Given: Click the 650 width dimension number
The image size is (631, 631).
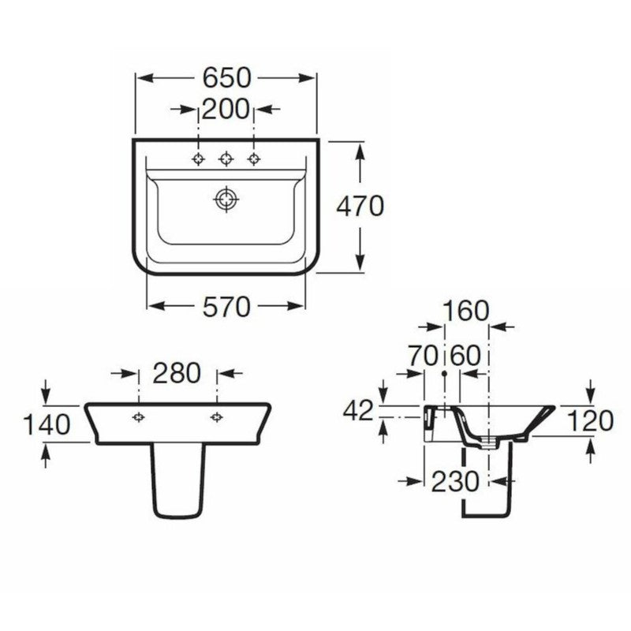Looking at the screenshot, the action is click(226, 78).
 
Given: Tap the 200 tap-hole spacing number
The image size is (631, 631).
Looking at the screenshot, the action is click(226, 109).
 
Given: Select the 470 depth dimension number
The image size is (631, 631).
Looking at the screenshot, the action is click(360, 206).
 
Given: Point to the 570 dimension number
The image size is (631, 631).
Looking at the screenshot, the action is click(226, 307).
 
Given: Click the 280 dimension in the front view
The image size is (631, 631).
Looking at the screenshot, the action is click(177, 373).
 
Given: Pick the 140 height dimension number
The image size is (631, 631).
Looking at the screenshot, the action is click(47, 424).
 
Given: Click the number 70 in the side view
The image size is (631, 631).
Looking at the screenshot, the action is click(423, 356).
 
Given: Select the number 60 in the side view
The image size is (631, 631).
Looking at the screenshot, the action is click(465, 356).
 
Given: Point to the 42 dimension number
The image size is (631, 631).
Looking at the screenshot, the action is click(359, 411).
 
